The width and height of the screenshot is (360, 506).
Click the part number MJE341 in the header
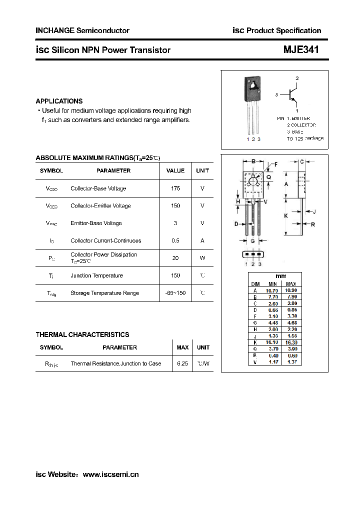click(x=301, y=50)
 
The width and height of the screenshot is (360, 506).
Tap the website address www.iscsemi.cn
click(x=110, y=474)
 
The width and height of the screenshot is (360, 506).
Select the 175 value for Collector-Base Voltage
click(x=175, y=188)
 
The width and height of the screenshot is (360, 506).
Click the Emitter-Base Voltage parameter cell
click(x=96, y=223)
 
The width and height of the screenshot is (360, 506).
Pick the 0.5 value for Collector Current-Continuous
click(x=175, y=240)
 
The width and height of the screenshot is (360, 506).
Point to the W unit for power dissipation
click(x=202, y=258)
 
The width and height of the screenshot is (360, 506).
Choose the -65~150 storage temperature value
click(x=175, y=293)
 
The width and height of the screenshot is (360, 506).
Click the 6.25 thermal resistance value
click(x=182, y=363)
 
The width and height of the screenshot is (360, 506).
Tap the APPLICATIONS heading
click(x=59, y=101)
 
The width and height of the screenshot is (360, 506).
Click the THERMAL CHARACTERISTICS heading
click(x=82, y=334)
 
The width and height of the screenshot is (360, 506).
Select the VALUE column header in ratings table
click(x=175, y=170)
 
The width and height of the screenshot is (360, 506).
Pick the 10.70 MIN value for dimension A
click(x=272, y=290)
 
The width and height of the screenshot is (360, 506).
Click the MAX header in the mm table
click(x=291, y=284)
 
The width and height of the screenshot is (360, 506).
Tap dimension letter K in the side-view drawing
click(x=286, y=215)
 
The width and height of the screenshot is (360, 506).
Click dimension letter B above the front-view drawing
click(x=253, y=161)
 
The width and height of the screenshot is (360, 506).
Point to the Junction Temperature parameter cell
click(x=96, y=275)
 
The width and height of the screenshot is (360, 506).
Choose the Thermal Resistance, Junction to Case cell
click(x=116, y=363)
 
